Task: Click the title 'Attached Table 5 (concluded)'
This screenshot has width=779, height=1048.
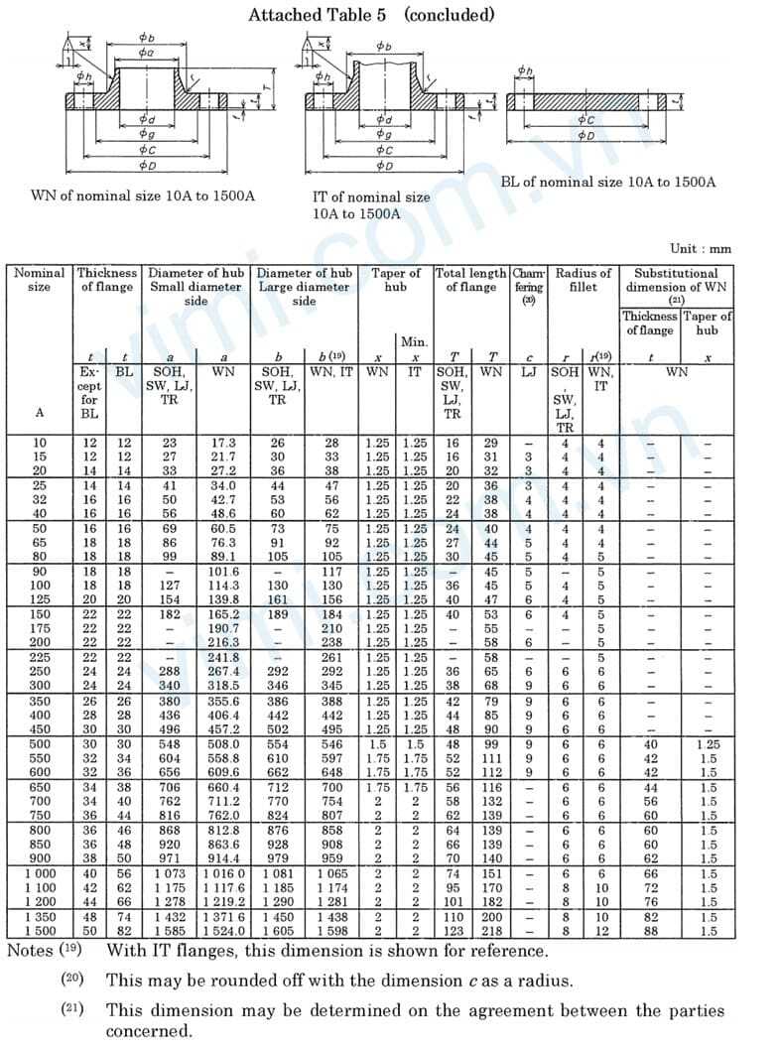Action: [x=371, y=15]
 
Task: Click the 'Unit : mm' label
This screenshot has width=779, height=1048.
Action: [x=701, y=249]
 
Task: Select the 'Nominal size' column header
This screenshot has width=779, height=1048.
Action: [x=39, y=280]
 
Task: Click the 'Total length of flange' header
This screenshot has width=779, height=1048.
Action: [x=471, y=280]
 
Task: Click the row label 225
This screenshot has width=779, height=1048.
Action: [x=39, y=657]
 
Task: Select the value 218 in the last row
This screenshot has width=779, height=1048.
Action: [x=490, y=932]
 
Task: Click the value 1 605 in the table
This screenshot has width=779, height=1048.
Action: [x=278, y=932]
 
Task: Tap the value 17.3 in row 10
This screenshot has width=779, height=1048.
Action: [x=224, y=442]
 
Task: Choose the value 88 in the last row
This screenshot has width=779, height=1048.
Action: [x=651, y=932]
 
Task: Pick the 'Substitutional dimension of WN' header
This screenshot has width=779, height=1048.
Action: [x=677, y=280]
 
